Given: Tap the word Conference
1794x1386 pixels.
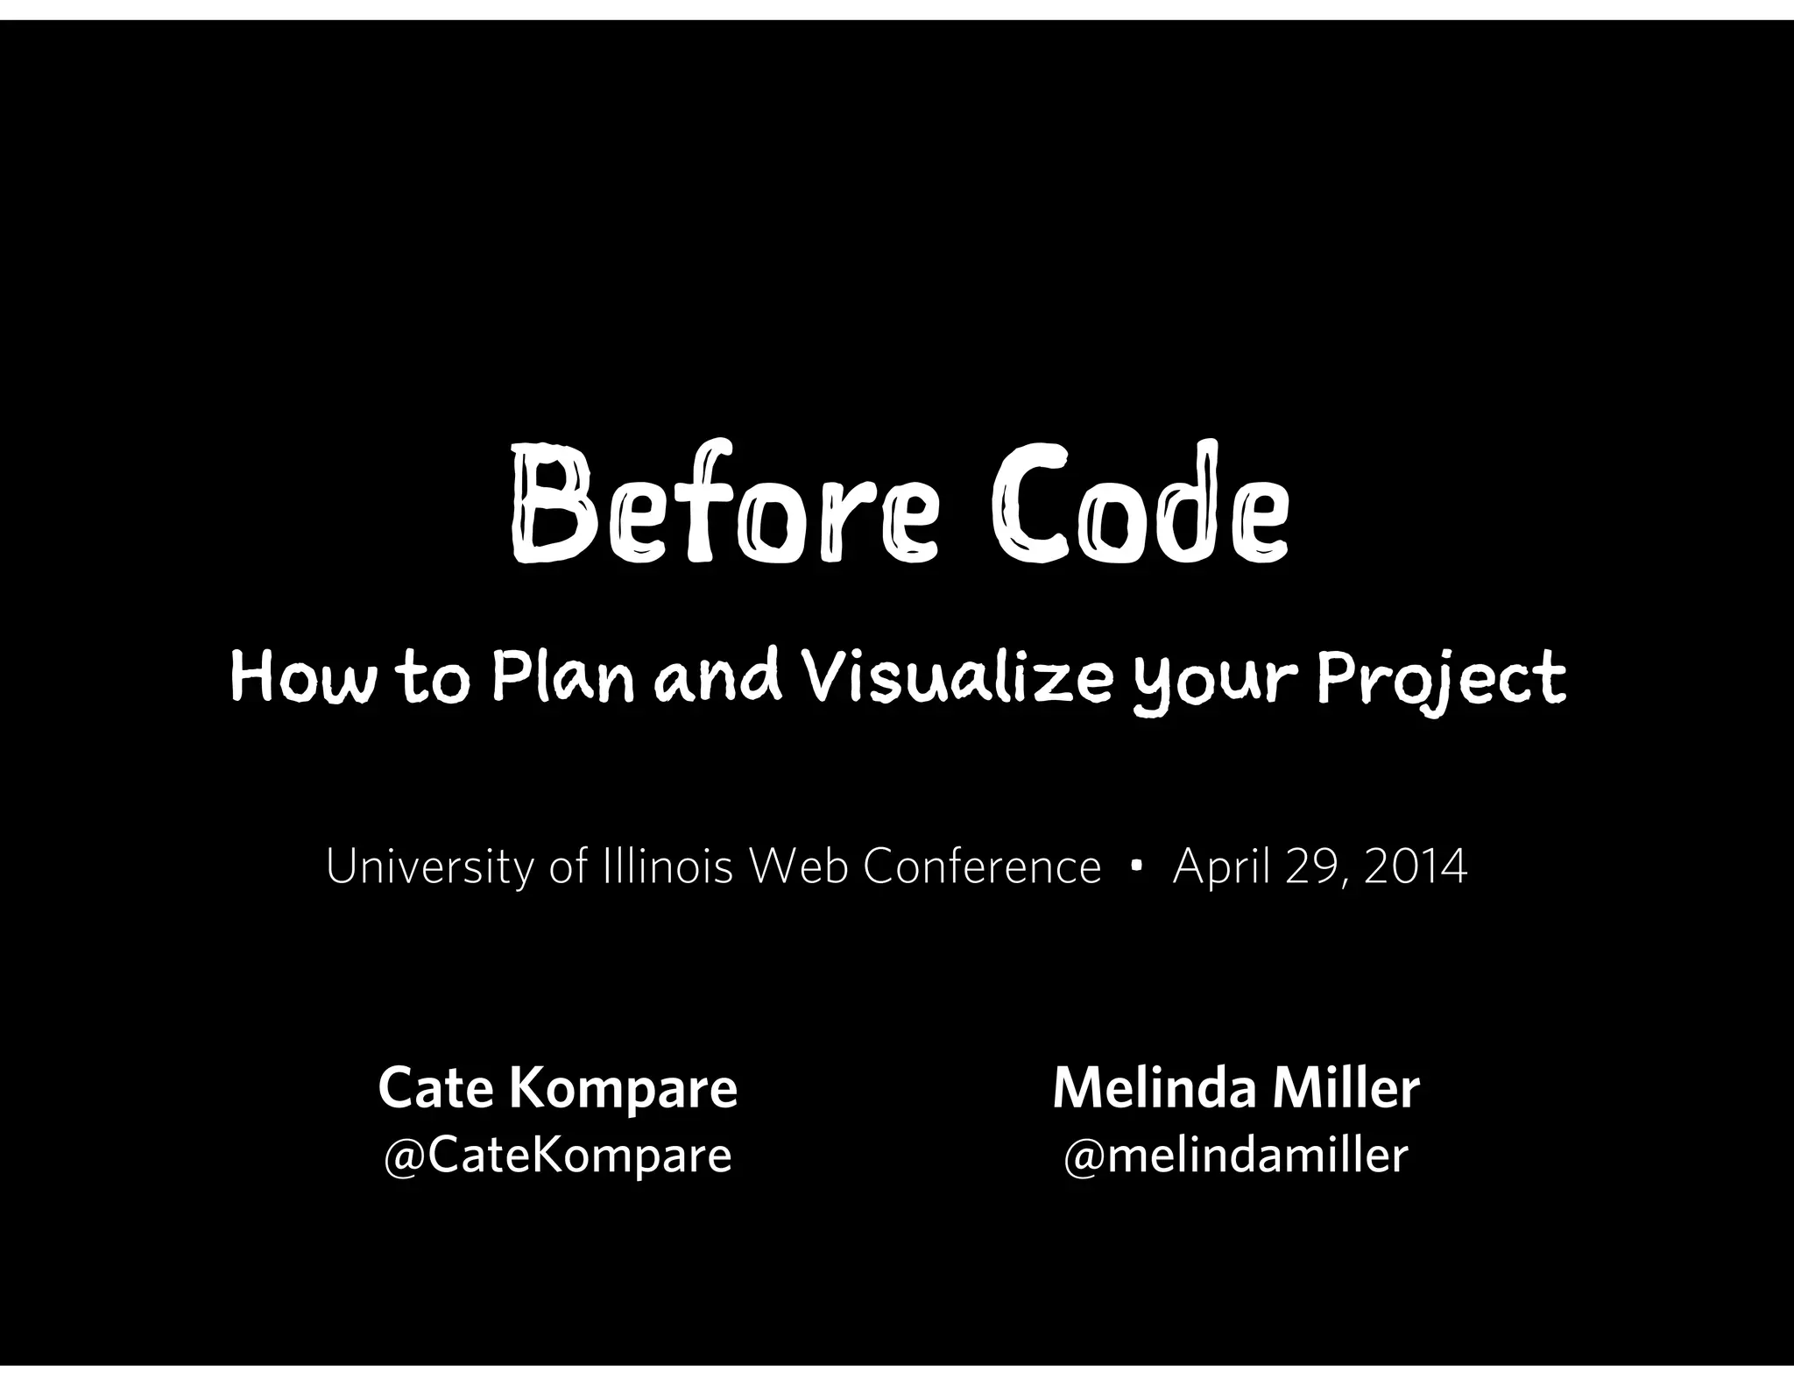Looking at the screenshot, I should point(981,867).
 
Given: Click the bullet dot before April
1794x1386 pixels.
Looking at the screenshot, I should point(1136,866).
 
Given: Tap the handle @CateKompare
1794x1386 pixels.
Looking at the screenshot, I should point(557,1155).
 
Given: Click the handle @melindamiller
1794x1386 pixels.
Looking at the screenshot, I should point(1235,1155).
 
